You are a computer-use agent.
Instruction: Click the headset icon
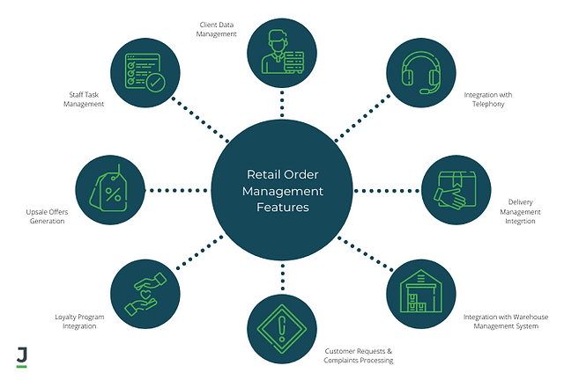[421, 72]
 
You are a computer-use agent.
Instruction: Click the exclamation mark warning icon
[282, 329]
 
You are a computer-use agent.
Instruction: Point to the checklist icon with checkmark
[145, 72]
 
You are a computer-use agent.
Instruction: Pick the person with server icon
[283, 52]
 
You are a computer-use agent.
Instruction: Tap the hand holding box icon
[455, 190]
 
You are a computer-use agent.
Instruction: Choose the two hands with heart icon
[145, 294]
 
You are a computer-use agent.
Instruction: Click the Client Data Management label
[216, 29]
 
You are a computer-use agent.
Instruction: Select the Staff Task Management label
[84, 99]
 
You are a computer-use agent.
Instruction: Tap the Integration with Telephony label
[488, 99]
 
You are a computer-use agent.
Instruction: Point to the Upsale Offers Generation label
[47, 216]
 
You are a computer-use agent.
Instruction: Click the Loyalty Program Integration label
[79, 321]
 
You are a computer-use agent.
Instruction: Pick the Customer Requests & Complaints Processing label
[359, 355]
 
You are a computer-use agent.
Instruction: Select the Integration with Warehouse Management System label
[506, 321]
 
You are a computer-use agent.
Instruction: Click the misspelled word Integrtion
[520, 222]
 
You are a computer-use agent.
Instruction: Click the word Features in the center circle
[283, 208]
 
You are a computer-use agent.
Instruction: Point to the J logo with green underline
[22, 357]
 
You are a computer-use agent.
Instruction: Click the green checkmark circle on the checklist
[155, 83]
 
